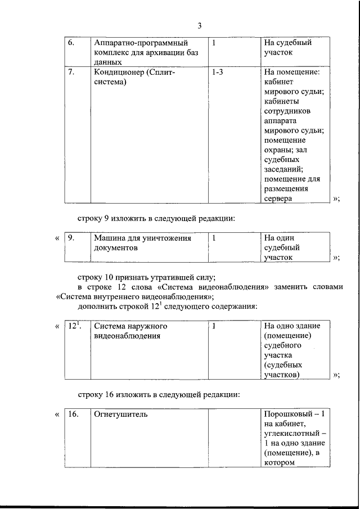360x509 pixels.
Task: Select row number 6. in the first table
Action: tap(71, 43)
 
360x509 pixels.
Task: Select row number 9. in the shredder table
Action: tap(71, 238)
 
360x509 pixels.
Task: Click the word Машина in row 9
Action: tap(110, 238)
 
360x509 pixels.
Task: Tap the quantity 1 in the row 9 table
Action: tap(214, 238)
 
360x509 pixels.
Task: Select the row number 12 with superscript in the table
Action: tap(74, 326)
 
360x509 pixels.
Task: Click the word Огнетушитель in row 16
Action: tap(121, 415)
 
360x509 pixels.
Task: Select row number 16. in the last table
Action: tap(73, 415)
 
